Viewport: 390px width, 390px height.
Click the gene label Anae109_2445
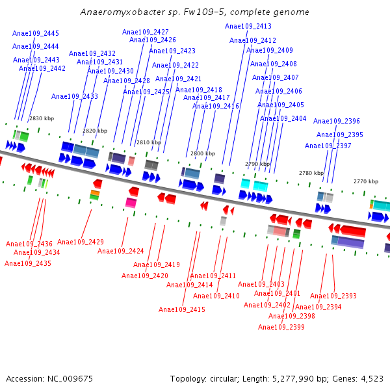[x=36, y=33]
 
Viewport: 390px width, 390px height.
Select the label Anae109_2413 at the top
[x=248, y=26]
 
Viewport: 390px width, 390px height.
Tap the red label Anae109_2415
[x=182, y=309]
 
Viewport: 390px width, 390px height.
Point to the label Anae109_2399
[x=281, y=327]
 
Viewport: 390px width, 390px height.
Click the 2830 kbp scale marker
[x=42, y=118]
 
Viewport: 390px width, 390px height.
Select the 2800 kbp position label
[x=203, y=153]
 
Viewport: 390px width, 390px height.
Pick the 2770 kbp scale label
[x=366, y=181]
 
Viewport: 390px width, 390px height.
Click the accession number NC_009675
[x=70, y=379]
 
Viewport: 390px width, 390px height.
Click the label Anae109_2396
[x=337, y=121]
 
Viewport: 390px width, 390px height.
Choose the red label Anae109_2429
[x=81, y=242]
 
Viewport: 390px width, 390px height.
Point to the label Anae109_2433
[x=75, y=96]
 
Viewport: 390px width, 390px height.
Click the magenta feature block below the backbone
[x=131, y=202]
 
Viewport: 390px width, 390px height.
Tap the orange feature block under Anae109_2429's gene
[x=95, y=192]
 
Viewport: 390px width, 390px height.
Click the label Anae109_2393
[x=333, y=296]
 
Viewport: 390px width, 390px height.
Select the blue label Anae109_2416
[x=216, y=106]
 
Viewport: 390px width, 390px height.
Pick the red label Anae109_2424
[x=121, y=251]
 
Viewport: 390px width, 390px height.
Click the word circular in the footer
[x=224, y=379]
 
